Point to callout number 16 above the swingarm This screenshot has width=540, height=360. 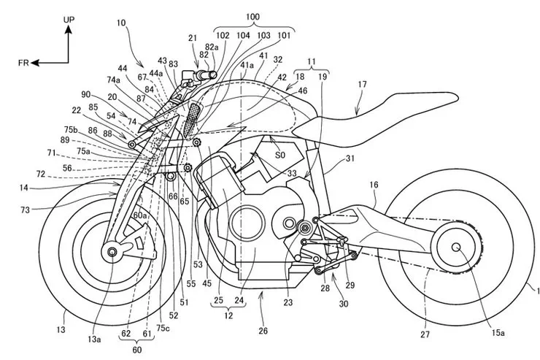click(x=373, y=186)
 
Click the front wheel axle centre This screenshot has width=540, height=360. click(x=112, y=252)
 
